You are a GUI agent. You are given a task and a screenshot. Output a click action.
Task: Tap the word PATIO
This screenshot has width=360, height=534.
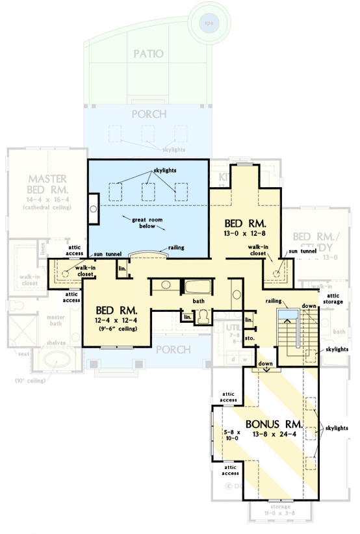(x=146, y=53)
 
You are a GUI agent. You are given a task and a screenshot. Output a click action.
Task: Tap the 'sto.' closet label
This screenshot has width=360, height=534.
(x=249, y=338)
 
